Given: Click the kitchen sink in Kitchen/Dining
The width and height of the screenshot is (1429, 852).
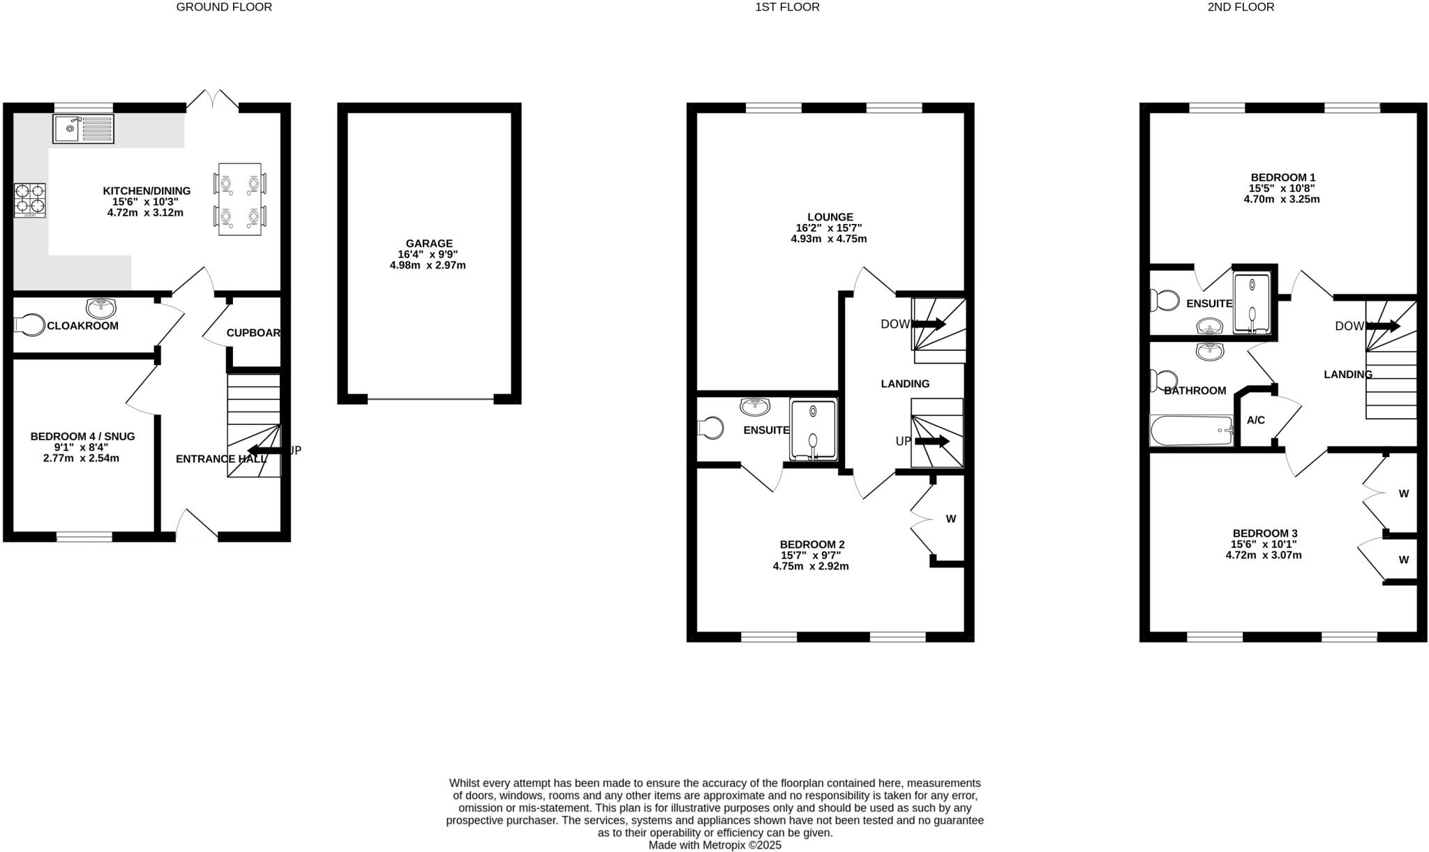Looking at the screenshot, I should pyautogui.click(x=83, y=128).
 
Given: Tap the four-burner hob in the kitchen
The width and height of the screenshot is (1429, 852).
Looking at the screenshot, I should pyautogui.click(x=29, y=200).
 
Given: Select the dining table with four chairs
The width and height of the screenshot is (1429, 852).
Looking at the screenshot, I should pyautogui.click(x=239, y=200).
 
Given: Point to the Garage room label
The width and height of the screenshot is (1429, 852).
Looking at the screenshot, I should pyautogui.click(x=429, y=244).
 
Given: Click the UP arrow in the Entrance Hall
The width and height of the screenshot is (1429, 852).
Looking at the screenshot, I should pyautogui.click(x=266, y=450).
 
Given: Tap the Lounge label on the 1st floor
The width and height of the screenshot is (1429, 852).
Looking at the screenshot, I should pyautogui.click(x=830, y=217).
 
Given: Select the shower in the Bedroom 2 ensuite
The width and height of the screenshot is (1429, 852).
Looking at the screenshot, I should pyautogui.click(x=813, y=429).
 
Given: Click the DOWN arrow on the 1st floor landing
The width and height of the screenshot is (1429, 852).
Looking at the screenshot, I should pyautogui.click(x=927, y=324).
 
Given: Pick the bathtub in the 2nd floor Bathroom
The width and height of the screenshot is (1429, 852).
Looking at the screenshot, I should pyautogui.click(x=1191, y=431).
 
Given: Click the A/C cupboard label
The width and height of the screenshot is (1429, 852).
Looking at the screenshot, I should pyautogui.click(x=1256, y=420).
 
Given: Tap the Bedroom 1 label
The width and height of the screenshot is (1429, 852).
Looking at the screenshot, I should pyautogui.click(x=1282, y=177).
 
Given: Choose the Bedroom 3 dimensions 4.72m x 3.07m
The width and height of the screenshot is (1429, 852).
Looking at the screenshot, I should pyautogui.click(x=1264, y=555).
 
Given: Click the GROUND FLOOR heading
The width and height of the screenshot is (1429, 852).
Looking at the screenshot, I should pyautogui.click(x=224, y=7).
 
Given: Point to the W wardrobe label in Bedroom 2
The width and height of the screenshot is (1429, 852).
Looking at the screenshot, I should pyautogui.click(x=950, y=518).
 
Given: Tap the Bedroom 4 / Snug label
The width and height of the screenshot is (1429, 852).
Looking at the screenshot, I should pyautogui.click(x=82, y=437).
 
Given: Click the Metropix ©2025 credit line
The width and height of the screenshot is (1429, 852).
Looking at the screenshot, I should pyautogui.click(x=714, y=845).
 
